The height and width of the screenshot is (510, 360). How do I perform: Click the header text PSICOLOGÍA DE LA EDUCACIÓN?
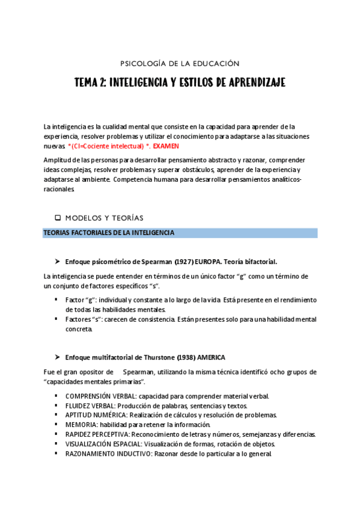pyautogui.click(x=180, y=63)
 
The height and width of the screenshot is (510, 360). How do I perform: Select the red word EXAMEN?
pyautogui.click(x=166, y=146)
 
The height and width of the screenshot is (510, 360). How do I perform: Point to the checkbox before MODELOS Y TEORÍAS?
pyautogui.click(x=58, y=218)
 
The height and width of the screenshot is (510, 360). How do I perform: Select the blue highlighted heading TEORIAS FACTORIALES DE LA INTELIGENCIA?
pyautogui.click(x=109, y=233)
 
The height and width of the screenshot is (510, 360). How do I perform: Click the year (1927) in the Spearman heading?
pyautogui.click(x=184, y=262)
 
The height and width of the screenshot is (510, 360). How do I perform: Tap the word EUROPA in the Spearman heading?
pyautogui.click(x=210, y=262)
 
